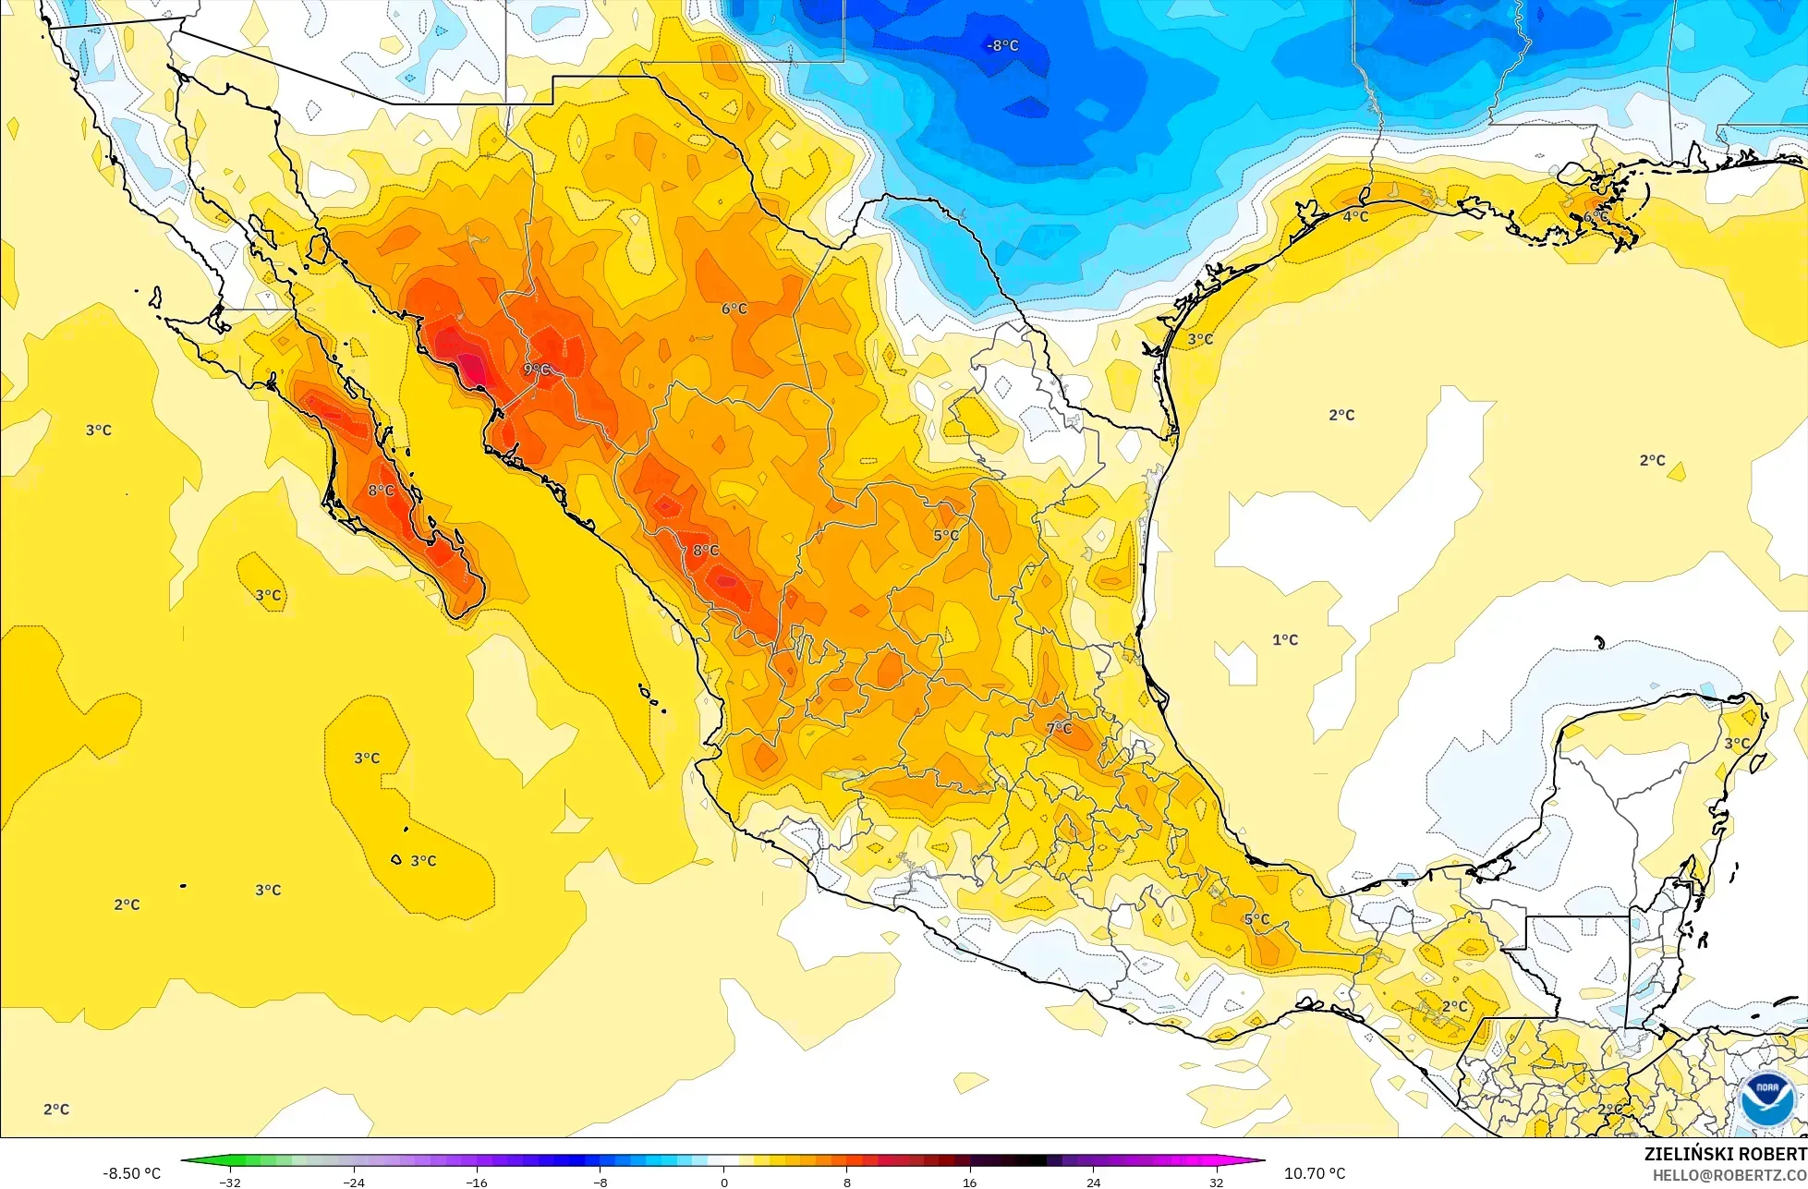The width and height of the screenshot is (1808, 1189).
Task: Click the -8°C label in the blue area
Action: (x=1002, y=45)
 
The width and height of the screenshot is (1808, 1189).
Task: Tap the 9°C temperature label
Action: (x=537, y=370)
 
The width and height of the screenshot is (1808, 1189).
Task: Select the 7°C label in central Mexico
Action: (x=1060, y=728)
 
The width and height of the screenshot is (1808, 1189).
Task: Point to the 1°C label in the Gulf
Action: (x=1285, y=639)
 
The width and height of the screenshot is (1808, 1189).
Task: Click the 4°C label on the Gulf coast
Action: (x=1355, y=216)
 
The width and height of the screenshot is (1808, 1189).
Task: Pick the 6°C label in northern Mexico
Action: (x=734, y=309)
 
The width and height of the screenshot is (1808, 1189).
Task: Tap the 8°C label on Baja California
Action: (x=382, y=491)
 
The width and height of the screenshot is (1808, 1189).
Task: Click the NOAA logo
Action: (x=1766, y=1099)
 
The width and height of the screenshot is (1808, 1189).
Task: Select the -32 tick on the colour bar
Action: (x=230, y=1182)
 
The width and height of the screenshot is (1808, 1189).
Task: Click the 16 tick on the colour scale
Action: (x=969, y=1182)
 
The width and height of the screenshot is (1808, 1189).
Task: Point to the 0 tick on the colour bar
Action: (x=723, y=1182)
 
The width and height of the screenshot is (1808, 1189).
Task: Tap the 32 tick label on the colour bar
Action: (x=1216, y=1182)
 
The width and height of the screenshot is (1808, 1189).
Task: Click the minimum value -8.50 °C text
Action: (x=131, y=1173)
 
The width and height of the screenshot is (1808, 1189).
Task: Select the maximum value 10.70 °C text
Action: (x=1315, y=1173)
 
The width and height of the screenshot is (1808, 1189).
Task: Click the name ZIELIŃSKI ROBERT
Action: (x=1725, y=1154)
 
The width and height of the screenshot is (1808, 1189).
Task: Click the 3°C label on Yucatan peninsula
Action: (x=1737, y=743)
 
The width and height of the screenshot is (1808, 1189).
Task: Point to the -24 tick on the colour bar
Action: (x=354, y=1182)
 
